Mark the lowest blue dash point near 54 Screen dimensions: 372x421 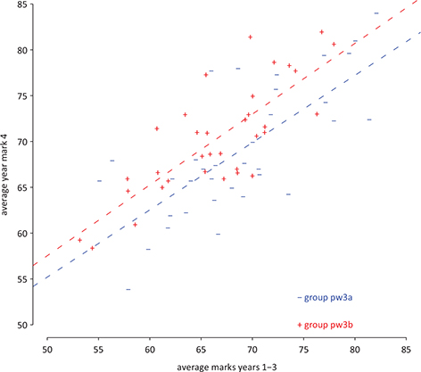tap(128, 289)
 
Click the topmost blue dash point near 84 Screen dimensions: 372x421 tap(376, 13)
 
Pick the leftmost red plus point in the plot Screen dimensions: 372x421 tap(79, 239)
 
